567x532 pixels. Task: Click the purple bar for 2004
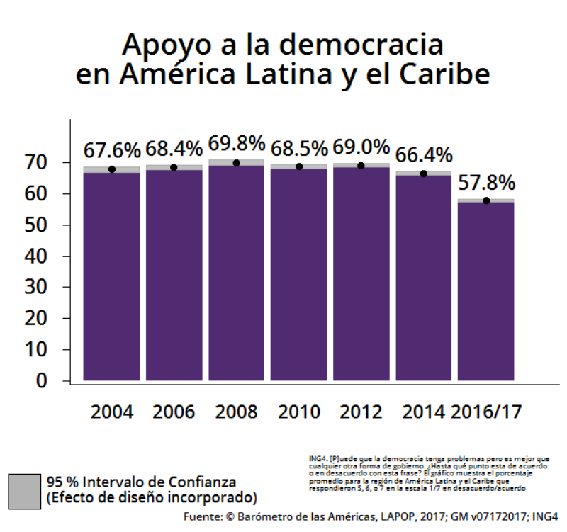tap(111, 276)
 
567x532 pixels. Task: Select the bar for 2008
tap(236, 273)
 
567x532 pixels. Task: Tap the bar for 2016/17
tap(485, 291)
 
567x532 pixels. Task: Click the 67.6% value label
tap(112, 150)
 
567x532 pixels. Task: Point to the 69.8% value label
tap(236, 145)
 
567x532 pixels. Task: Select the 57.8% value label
tap(485, 183)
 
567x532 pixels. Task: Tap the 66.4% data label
tap(423, 154)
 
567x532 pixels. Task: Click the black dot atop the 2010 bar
tap(298, 167)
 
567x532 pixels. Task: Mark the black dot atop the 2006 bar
tap(174, 167)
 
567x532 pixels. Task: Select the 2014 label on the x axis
tap(423, 412)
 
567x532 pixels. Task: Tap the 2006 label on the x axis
tap(174, 412)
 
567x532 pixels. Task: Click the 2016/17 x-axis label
tap(485, 412)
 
